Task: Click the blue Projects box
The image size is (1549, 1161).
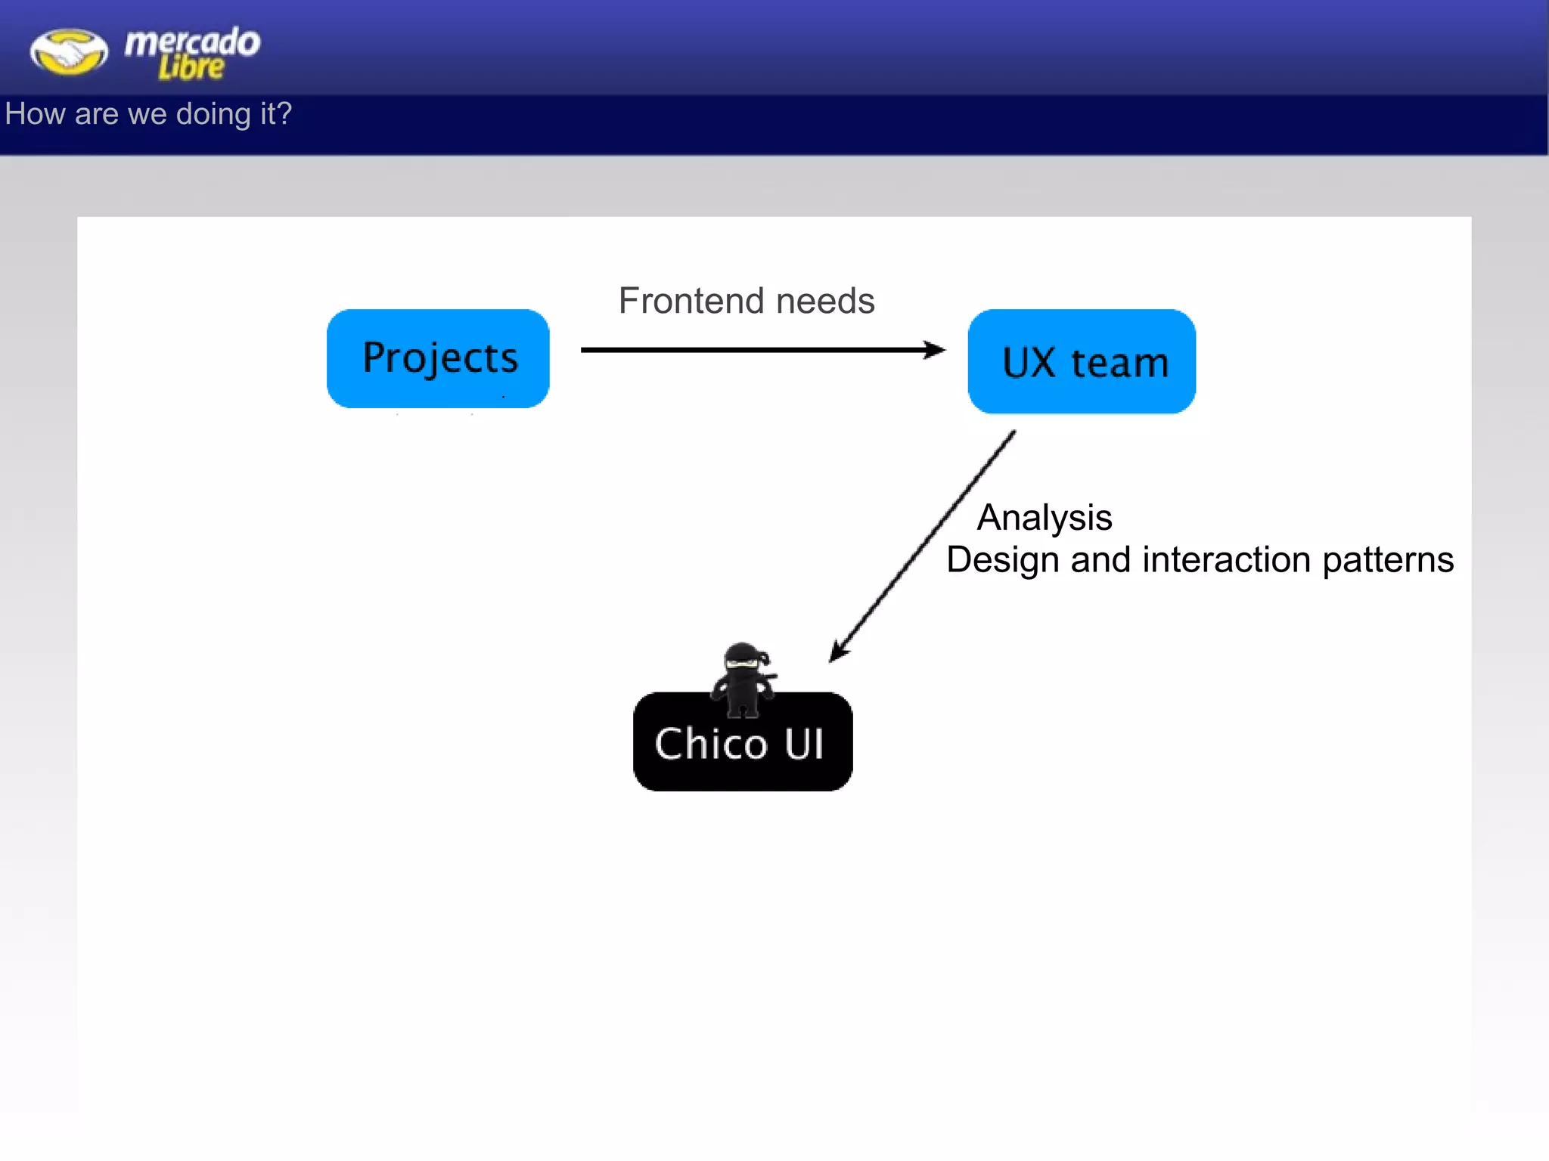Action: tap(438, 358)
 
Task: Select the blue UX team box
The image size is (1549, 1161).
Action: tap(1082, 361)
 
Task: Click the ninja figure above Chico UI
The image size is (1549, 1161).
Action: tap(743, 679)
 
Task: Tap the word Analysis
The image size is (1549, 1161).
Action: tap(1045, 519)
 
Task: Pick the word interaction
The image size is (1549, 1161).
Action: tap(1226, 560)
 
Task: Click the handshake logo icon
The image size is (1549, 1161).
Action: tap(69, 51)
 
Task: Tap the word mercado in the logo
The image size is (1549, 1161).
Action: tap(192, 42)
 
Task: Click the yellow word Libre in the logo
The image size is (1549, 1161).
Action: tap(191, 68)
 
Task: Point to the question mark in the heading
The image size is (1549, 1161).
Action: tap(284, 113)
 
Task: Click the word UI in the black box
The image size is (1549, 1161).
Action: tap(803, 744)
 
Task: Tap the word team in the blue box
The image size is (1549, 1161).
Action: tap(1119, 363)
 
